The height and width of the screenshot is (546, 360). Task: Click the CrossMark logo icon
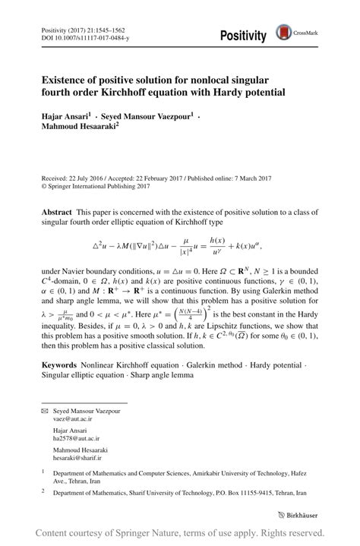tap(284, 32)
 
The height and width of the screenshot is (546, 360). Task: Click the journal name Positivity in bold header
tap(243, 36)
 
